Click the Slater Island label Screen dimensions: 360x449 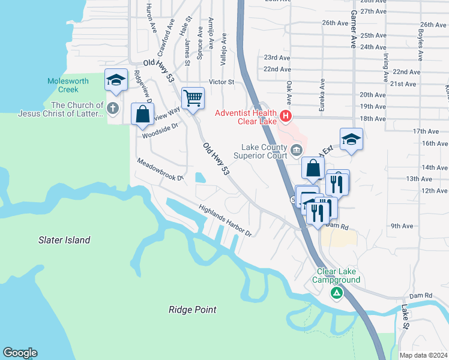64,240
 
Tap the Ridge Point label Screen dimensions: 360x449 192,310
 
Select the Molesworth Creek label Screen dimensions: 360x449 68,85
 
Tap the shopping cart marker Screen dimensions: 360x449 193,97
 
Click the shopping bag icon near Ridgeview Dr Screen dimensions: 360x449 142,114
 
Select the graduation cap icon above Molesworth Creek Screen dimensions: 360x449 116,80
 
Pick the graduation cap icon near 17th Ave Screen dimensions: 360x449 351,140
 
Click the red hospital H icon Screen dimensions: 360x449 286,115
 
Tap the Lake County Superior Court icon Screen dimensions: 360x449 295,149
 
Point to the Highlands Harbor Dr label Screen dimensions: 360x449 225,220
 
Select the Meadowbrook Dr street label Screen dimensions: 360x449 159,170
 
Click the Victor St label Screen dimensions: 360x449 221,82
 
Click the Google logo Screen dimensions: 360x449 20,353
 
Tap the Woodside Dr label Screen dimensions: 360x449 160,130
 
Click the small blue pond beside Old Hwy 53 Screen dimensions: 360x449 199,177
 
